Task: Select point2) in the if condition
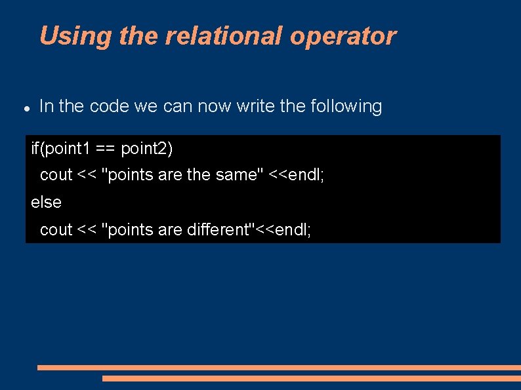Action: click(147, 149)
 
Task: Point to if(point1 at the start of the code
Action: click(60, 149)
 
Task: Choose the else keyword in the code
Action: click(46, 203)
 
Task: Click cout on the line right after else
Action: click(56, 230)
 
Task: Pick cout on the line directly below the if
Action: click(56, 175)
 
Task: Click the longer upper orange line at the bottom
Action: click(279, 368)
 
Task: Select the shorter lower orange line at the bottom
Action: click(312, 378)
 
